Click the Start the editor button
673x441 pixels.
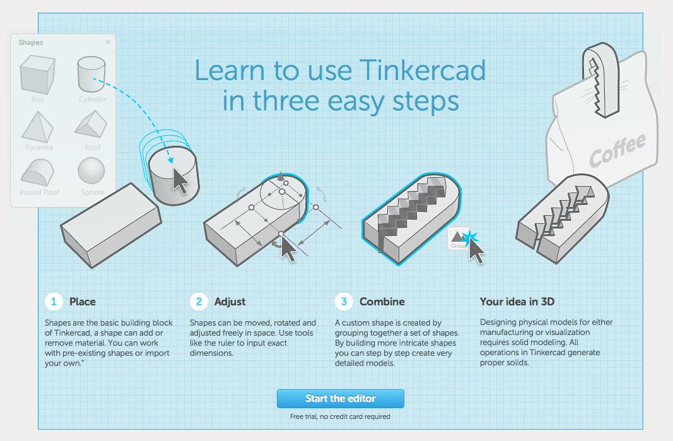[x=341, y=399]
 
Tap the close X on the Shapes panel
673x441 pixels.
[x=108, y=42]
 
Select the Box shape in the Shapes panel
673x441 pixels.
[x=38, y=74]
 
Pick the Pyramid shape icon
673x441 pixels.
[x=37, y=127]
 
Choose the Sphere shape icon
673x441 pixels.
[x=91, y=171]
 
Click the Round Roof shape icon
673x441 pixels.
[x=38, y=172]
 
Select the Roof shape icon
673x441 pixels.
[x=91, y=124]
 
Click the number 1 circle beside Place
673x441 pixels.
[x=54, y=302]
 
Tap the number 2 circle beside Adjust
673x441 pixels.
[x=199, y=302]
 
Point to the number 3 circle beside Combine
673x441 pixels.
[x=344, y=302]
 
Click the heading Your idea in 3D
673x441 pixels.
[x=517, y=302]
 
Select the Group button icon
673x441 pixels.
[x=458, y=238]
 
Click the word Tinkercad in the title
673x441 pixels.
[x=423, y=71]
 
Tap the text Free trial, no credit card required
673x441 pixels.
[x=340, y=416]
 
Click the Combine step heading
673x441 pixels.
[x=382, y=302]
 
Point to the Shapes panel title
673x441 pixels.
[x=30, y=42]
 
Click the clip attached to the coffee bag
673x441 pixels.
[x=601, y=80]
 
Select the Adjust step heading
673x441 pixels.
[x=230, y=302]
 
